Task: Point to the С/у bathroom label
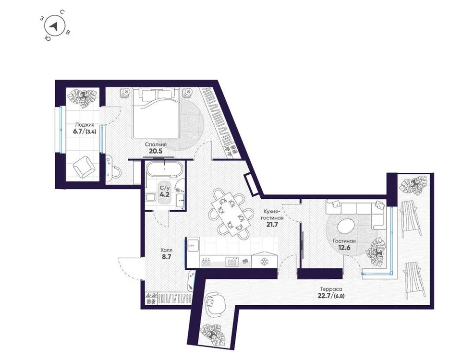pos(165,188)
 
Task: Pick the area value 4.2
pos(165,195)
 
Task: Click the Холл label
pos(166,251)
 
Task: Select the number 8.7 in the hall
pos(166,258)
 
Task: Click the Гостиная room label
pos(344,241)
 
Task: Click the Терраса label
pos(330,289)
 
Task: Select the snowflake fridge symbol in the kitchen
pos(263,262)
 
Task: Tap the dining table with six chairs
pos(230,212)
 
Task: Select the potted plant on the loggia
pos(83,97)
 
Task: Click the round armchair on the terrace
pos(215,302)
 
